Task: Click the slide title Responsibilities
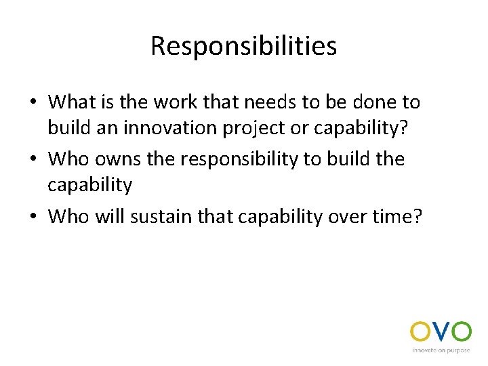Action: coord(243,46)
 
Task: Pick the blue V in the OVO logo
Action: coord(441,332)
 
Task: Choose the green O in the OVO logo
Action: coord(462,332)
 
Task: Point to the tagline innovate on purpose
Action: coord(441,350)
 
